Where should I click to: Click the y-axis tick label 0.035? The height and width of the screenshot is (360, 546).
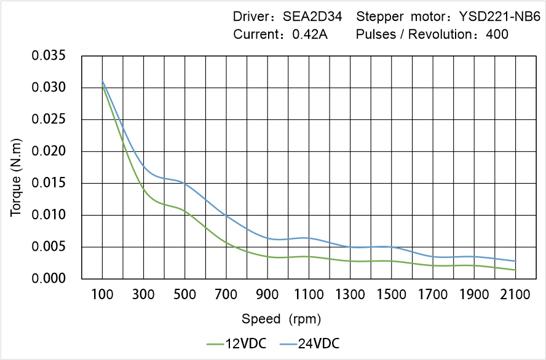[48, 56]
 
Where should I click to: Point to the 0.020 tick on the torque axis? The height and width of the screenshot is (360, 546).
[48, 151]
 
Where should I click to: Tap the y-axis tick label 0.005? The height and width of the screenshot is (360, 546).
[48, 247]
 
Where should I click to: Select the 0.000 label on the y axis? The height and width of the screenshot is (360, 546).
[48, 279]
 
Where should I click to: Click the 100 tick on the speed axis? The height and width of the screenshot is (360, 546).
[102, 295]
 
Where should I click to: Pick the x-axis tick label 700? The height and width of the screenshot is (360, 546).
[226, 295]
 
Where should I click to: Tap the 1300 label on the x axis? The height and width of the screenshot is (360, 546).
[350, 295]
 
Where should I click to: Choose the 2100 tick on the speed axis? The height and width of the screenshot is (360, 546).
[515, 295]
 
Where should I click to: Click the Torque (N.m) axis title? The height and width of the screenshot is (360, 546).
[17, 182]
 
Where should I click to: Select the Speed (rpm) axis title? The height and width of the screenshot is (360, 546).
[281, 319]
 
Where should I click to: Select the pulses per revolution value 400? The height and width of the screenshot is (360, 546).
[497, 34]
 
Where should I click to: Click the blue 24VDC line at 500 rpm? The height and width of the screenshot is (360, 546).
[184, 183]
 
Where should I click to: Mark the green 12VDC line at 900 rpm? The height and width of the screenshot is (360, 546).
[267, 256]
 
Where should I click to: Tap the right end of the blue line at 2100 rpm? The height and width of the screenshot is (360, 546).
[515, 261]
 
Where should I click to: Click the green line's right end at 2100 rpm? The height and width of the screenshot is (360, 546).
[515, 270]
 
